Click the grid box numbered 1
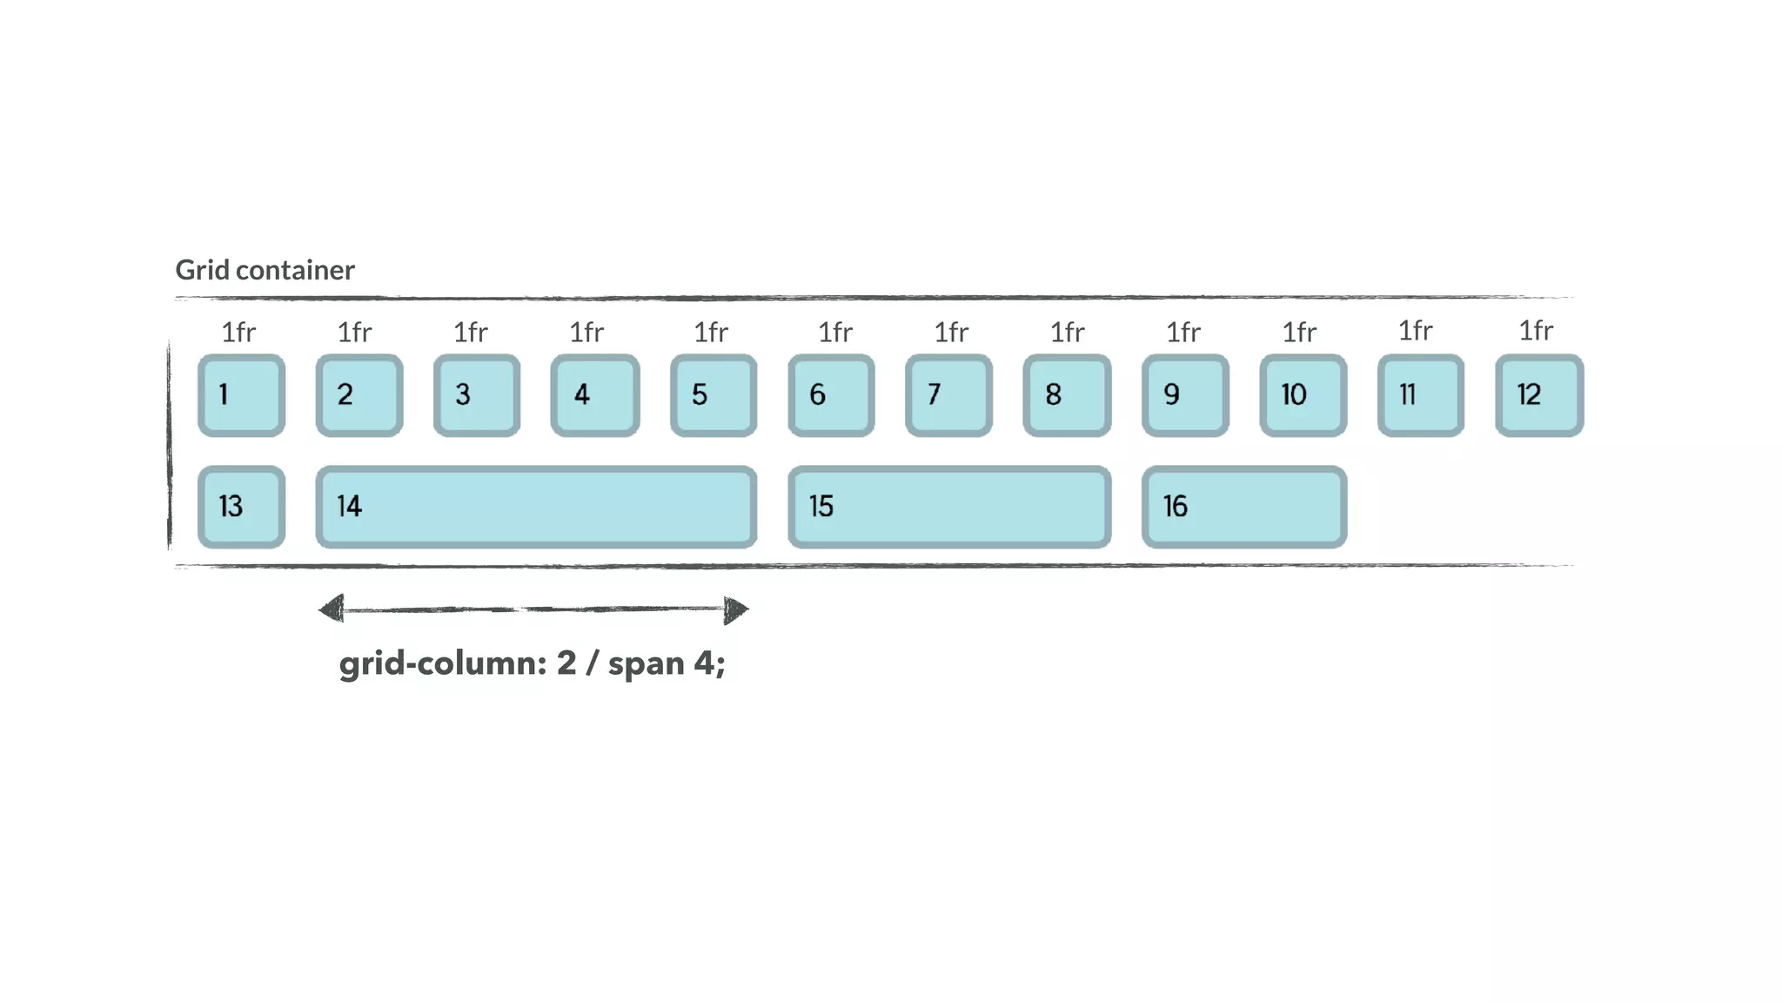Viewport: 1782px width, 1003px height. pyautogui.click(x=241, y=395)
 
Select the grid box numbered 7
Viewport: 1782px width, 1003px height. pyautogui.click(x=948, y=395)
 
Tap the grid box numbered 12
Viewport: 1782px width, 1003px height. pyautogui.click(x=1538, y=395)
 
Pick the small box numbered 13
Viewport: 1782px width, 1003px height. pyautogui.click(x=241, y=507)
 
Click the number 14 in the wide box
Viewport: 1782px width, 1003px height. pyautogui.click(x=349, y=507)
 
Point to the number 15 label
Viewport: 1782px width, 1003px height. pyautogui.click(x=821, y=507)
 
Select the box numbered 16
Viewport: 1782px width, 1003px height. pyautogui.click(x=1243, y=507)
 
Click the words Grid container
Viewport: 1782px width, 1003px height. pyautogui.click(x=265, y=270)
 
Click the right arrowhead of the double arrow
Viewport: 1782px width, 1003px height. pyautogui.click(x=735, y=610)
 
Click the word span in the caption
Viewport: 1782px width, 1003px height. pyautogui.click(x=646, y=664)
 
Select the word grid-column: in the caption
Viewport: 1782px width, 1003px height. pyautogui.click(x=442, y=664)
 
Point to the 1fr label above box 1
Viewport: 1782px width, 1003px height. pyautogui.click(x=238, y=333)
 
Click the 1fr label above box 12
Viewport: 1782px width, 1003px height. pyautogui.click(x=1536, y=331)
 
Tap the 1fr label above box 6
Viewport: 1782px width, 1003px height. pyautogui.click(x=835, y=333)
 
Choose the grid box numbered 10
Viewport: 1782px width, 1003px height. pyautogui.click(x=1303, y=395)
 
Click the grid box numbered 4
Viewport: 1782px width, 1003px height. pyautogui.click(x=595, y=395)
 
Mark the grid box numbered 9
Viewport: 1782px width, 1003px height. pyautogui.click(x=1185, y=395)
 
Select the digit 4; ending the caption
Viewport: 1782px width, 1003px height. pyautogui.click(x=709, y=664)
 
